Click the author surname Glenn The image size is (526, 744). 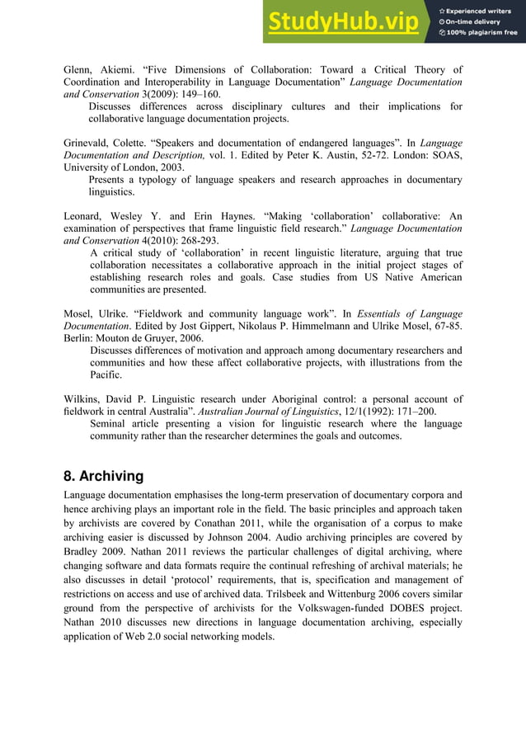pyautogui.click(x=80, y=70)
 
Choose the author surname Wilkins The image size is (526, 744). pyautogui.click(x=83, y=399)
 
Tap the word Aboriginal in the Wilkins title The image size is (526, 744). pyautogui.click(x=279, y=399)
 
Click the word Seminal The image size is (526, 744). pyautogui.click(x=111, y=424)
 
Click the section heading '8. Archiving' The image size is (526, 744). pyautogui.click(x=104, y=477)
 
